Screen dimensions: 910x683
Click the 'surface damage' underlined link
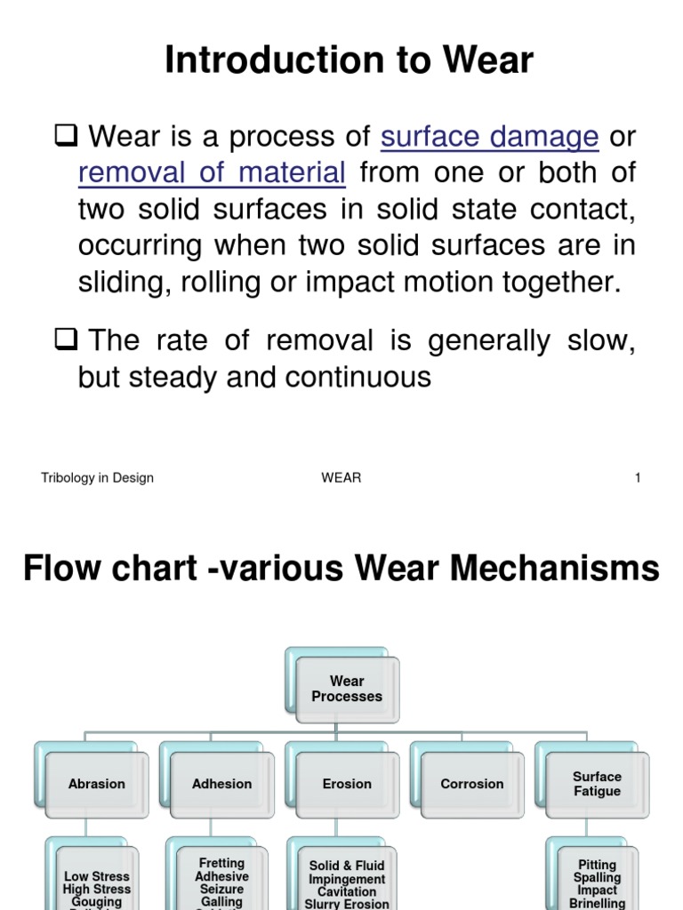(x=489, y=137)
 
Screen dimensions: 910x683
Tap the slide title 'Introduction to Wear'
(x=349, y=60)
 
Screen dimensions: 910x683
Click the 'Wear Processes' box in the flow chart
(x=347, y=689)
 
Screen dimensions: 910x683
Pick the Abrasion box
(x=97, y=784)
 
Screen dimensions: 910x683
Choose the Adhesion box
(x=221, y=784)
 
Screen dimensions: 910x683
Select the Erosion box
(x=347, y=784)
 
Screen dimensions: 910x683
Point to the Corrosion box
(x=471, y=784)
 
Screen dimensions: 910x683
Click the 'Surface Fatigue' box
(x=597, y=784)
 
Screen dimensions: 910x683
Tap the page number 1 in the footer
(x=638, y=478)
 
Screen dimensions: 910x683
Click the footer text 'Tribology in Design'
(x=97, y=478)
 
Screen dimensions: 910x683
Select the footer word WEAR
(x=341, y=478)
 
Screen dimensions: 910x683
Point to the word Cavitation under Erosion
(x=347, y=891)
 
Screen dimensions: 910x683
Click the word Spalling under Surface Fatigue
(x=597, y=877)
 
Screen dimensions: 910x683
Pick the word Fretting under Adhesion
(x=221, y=863)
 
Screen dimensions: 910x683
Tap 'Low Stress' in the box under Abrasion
(x=97, y=876)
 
